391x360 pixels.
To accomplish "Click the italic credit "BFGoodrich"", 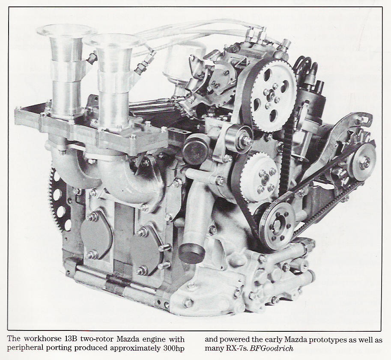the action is point(272,348).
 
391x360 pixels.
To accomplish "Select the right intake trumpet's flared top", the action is point(113,40).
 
